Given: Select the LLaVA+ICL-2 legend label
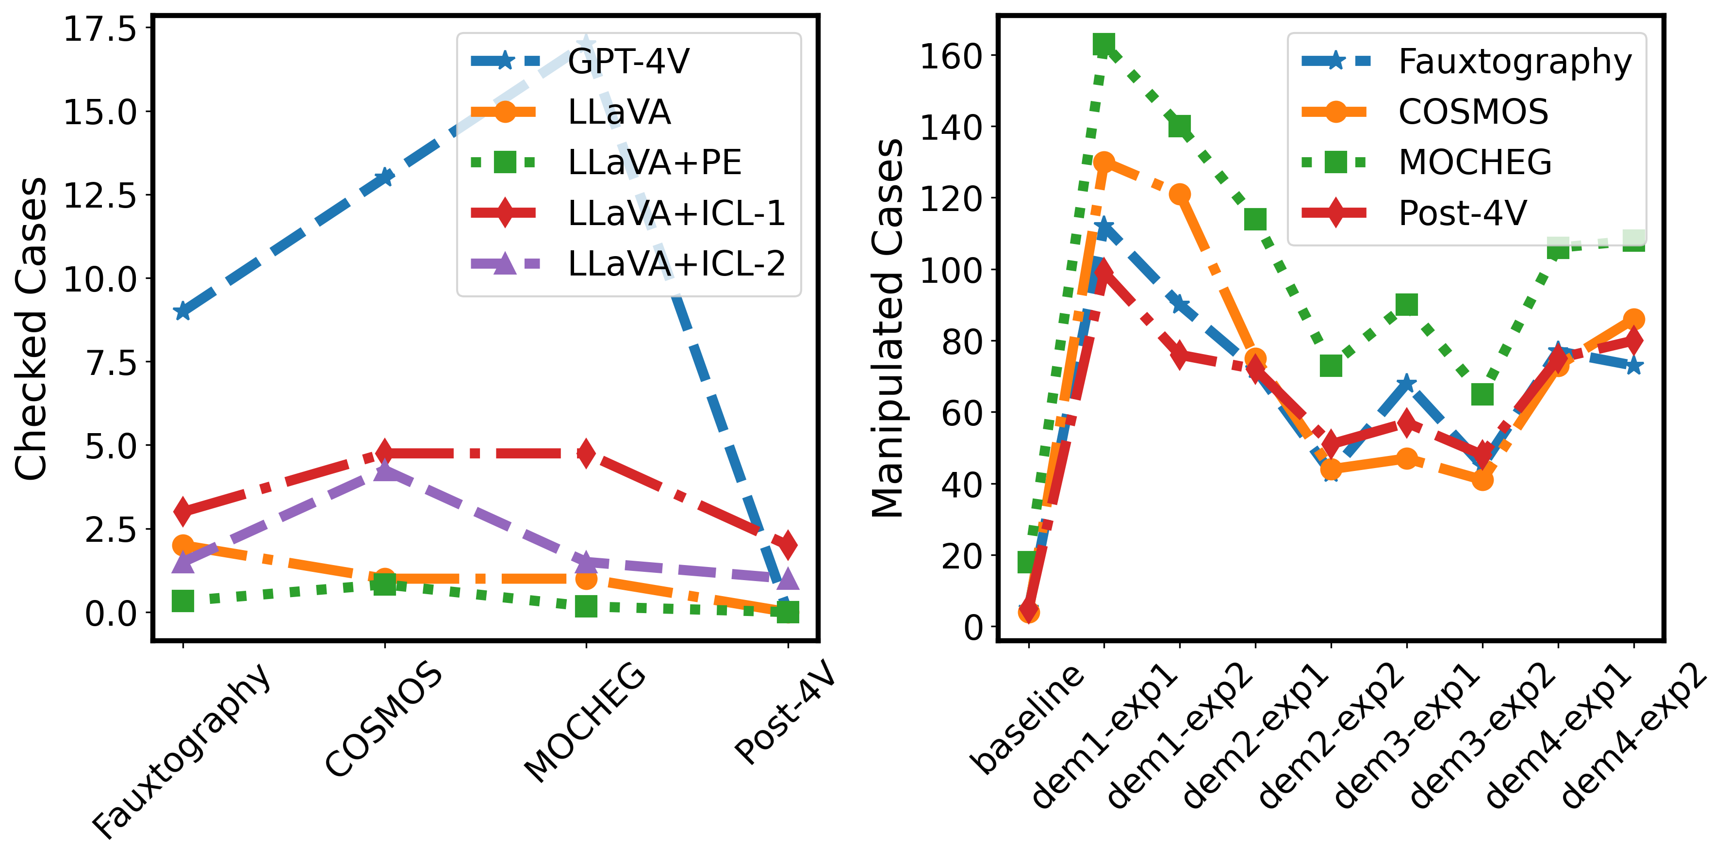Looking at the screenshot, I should [676, 264].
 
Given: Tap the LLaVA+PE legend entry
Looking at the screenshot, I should [655, 162].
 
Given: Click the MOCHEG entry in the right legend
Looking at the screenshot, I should [1475, 162].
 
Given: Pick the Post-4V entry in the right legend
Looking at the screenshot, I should [1463, 213].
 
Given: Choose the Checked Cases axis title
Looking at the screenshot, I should [31, 329].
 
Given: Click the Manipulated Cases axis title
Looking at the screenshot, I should [888, 329].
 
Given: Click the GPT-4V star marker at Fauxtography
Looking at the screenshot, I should [182, 311].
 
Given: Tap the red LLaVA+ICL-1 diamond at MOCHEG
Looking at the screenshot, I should [586, 454].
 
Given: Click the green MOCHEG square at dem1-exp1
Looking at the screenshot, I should [1103, 45].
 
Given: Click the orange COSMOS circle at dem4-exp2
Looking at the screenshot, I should [1634, 320].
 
